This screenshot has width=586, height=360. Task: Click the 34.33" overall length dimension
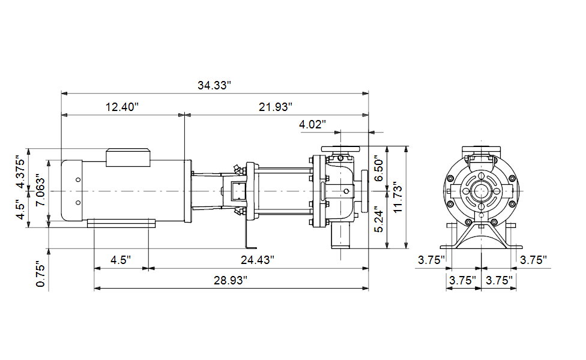[x=214, y=85]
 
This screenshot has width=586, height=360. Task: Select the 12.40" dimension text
[x=122, y=107]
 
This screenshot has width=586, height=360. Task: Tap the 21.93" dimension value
[x=276, y=107]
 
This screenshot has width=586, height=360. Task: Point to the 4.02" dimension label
[x=312, y=124]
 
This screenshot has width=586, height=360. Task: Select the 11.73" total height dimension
[x=397, y=198]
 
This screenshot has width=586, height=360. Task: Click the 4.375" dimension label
[x=20, y=172]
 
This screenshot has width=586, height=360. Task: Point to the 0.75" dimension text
[x=40, y=274]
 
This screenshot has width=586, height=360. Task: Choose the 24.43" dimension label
[x=258, y=260]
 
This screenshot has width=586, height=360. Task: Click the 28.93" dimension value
[x=231, y=280]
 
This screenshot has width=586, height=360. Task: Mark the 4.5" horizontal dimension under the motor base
[x=121, y=260]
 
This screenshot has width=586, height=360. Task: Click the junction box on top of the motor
[x=128, y=158]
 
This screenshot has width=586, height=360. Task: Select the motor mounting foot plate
[x=121, y=223]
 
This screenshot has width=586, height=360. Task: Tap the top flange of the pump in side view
[x=340, y=149]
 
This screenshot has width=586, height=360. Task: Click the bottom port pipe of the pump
[x=340, y=237]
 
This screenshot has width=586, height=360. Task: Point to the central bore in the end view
[x=481, y=191]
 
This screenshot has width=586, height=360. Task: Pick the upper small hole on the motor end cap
[x=78, y=179]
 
